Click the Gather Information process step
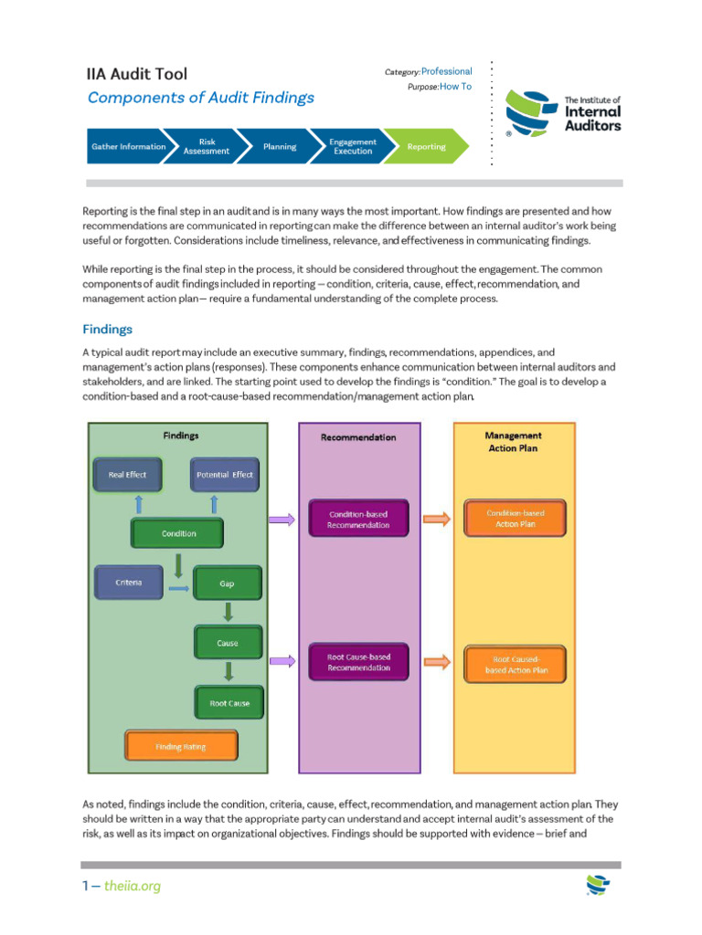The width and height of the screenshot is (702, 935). point(129,146)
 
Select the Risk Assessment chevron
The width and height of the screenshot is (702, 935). point(207,146)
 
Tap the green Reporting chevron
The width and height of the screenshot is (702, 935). point(426,146)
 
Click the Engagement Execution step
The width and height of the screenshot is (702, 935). point(353,146)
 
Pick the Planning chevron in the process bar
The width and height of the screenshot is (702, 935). point(279,146)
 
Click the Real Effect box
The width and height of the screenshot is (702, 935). point(127,475)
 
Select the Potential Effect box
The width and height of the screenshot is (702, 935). point(223,475)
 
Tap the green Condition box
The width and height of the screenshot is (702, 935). point(178,533)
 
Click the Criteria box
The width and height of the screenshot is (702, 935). point(128,583)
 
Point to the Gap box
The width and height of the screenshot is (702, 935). point(227,583)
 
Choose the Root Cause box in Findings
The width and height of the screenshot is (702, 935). point(229,703)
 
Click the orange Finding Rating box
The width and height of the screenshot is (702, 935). point(180,746)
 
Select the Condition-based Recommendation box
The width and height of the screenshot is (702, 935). point(358,520)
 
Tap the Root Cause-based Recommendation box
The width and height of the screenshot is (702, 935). point(358,662)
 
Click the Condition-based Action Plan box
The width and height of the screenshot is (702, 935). point(515,519)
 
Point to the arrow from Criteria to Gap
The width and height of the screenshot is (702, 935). point(178,588)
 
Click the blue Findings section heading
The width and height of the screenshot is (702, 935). point(107,329)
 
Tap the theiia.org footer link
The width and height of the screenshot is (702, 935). point(132,886)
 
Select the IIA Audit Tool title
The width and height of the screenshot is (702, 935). point(137,74)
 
